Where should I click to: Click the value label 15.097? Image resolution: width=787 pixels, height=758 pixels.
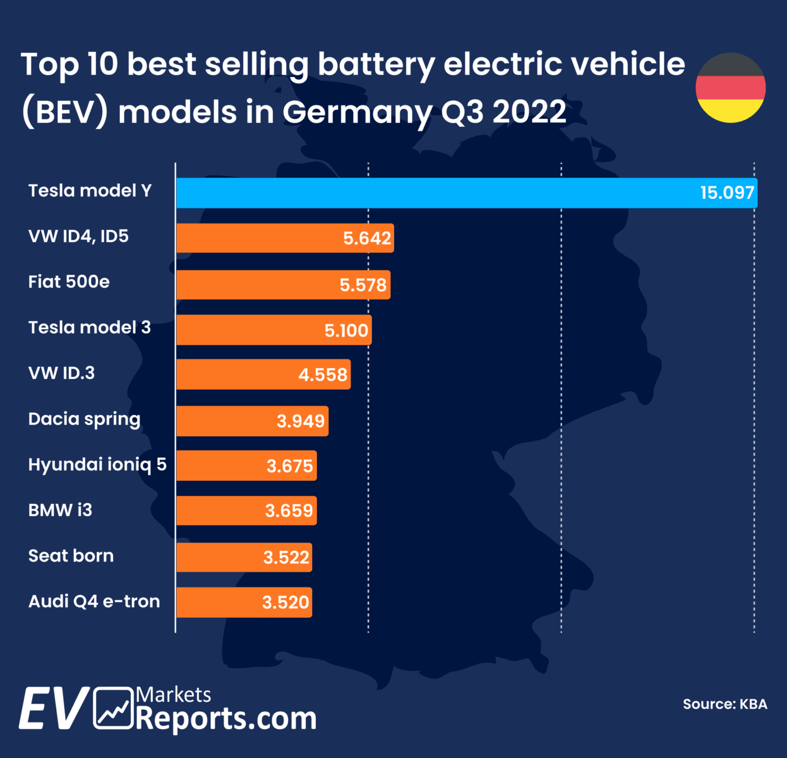click(727, 193)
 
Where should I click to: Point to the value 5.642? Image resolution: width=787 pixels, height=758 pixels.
click(367, 239)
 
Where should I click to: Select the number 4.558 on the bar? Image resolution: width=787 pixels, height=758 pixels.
click(323, 375)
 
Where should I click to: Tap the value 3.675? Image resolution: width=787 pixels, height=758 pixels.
click(289, 467)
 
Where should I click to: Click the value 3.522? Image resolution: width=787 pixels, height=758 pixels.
click(286, 558)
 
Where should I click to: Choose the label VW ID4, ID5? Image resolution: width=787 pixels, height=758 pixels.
click(78, 236)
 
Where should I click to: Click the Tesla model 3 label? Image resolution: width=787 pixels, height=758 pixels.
click(90, 327)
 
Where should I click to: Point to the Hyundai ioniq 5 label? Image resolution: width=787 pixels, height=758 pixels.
click(97, 465)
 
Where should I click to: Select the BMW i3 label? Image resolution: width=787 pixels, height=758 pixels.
click(60, 510)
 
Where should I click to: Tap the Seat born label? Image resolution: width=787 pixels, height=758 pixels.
click(71, 556)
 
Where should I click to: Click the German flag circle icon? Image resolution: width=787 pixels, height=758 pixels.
click(731, 88)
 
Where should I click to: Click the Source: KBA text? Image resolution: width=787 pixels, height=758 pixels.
click(724, 704)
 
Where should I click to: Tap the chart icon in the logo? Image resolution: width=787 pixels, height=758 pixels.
click(114, 707)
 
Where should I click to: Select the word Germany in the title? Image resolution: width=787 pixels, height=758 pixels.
click(357, 113)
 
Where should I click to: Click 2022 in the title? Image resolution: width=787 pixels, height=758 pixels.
click(529, 113)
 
